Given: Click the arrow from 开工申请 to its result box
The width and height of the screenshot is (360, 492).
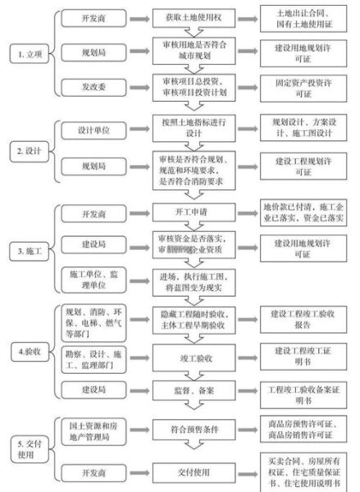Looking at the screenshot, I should point(247,211).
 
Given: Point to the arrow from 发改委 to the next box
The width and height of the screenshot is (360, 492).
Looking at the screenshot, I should point(139,84).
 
